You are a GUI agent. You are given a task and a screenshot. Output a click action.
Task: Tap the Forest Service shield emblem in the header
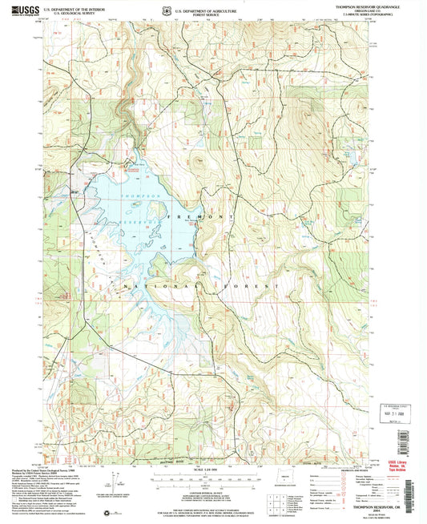(x=144, y=9)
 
